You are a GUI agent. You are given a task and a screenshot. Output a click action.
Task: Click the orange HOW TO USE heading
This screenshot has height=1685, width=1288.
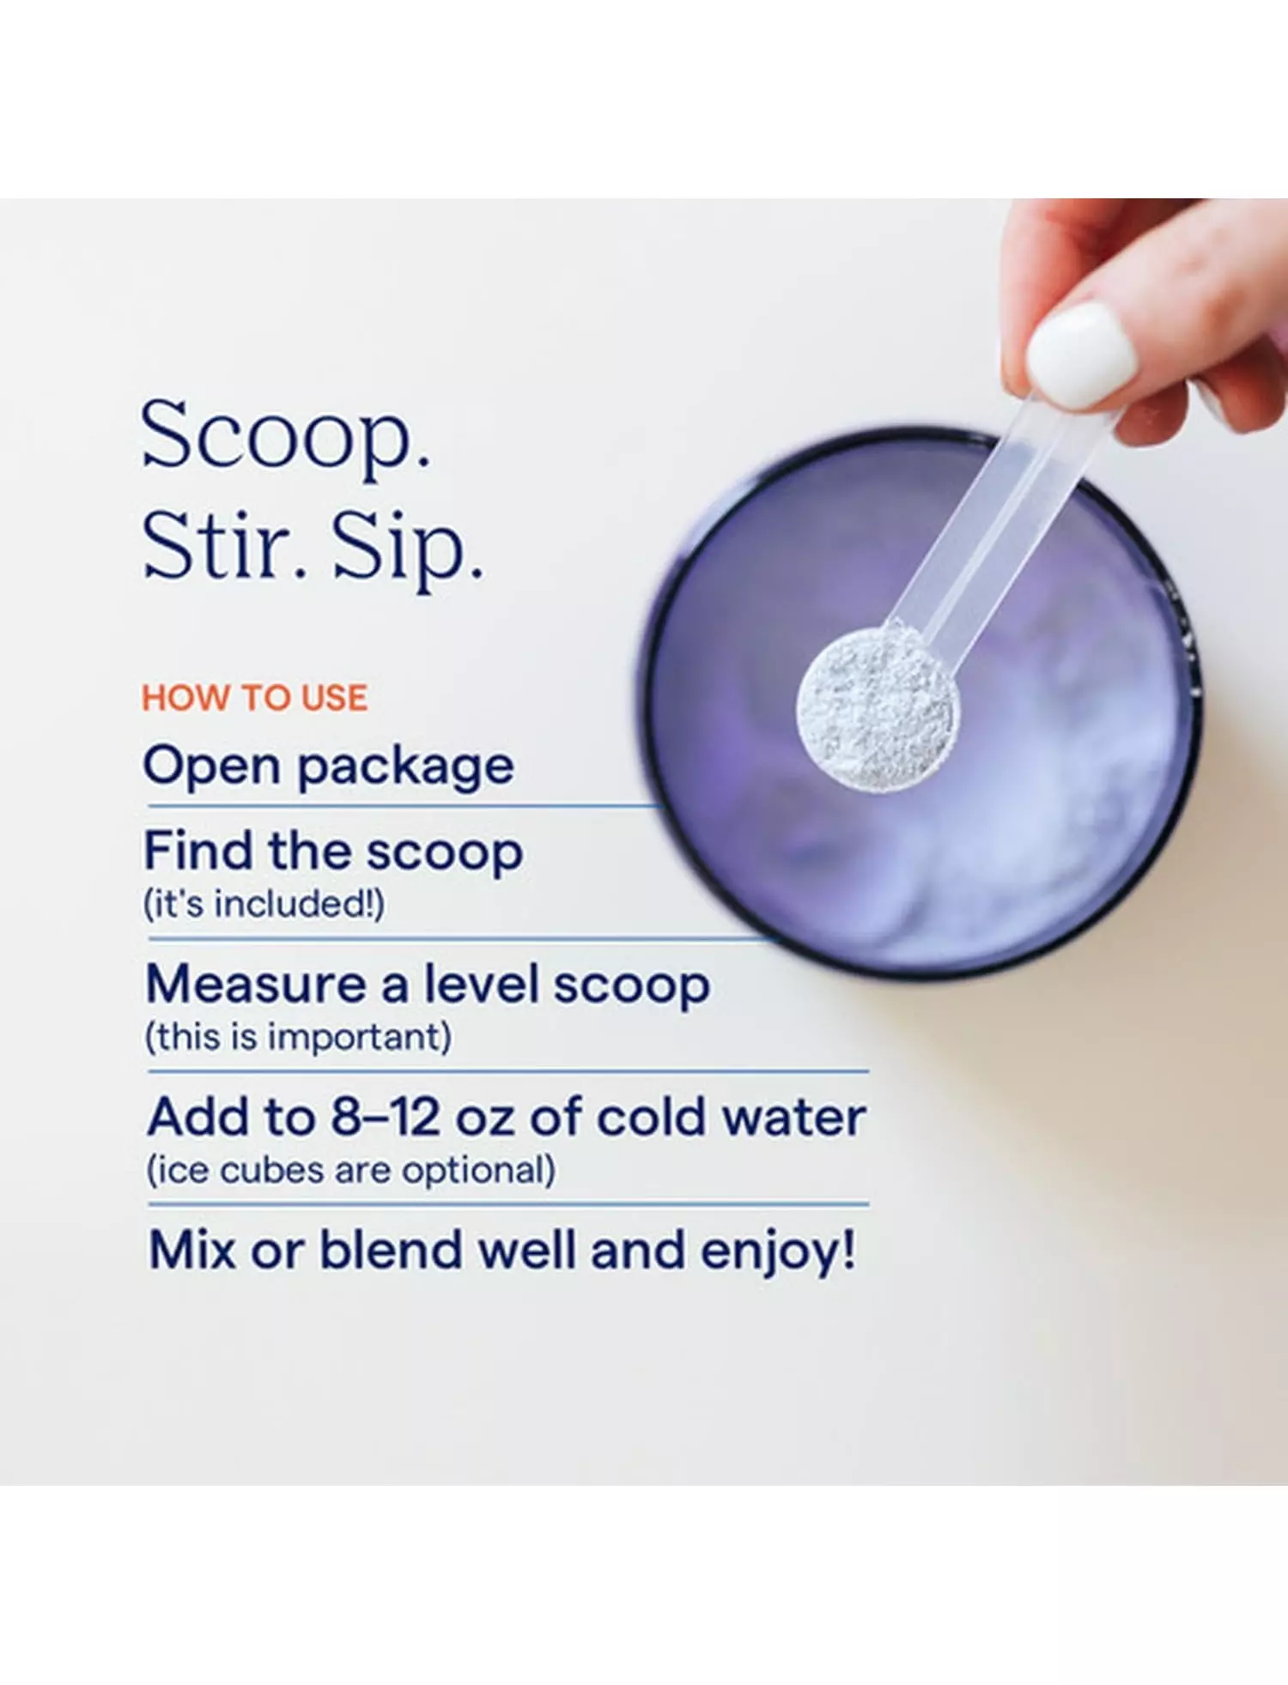tap(255, 698)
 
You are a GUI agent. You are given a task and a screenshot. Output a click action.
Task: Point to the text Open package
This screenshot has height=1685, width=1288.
tap(329, 767)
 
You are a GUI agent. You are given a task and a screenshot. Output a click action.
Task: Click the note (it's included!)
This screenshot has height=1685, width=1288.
tap(264, 904)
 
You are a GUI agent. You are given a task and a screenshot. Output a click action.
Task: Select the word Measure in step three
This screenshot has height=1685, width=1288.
tap(256, 984)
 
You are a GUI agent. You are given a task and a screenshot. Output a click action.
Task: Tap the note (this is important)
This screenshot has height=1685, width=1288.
tap(298, 1037)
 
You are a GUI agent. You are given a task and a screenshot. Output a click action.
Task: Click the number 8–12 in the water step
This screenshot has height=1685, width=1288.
tap(386, 1117)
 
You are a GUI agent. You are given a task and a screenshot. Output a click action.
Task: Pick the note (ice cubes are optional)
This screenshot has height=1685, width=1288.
tap(350, 1170)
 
